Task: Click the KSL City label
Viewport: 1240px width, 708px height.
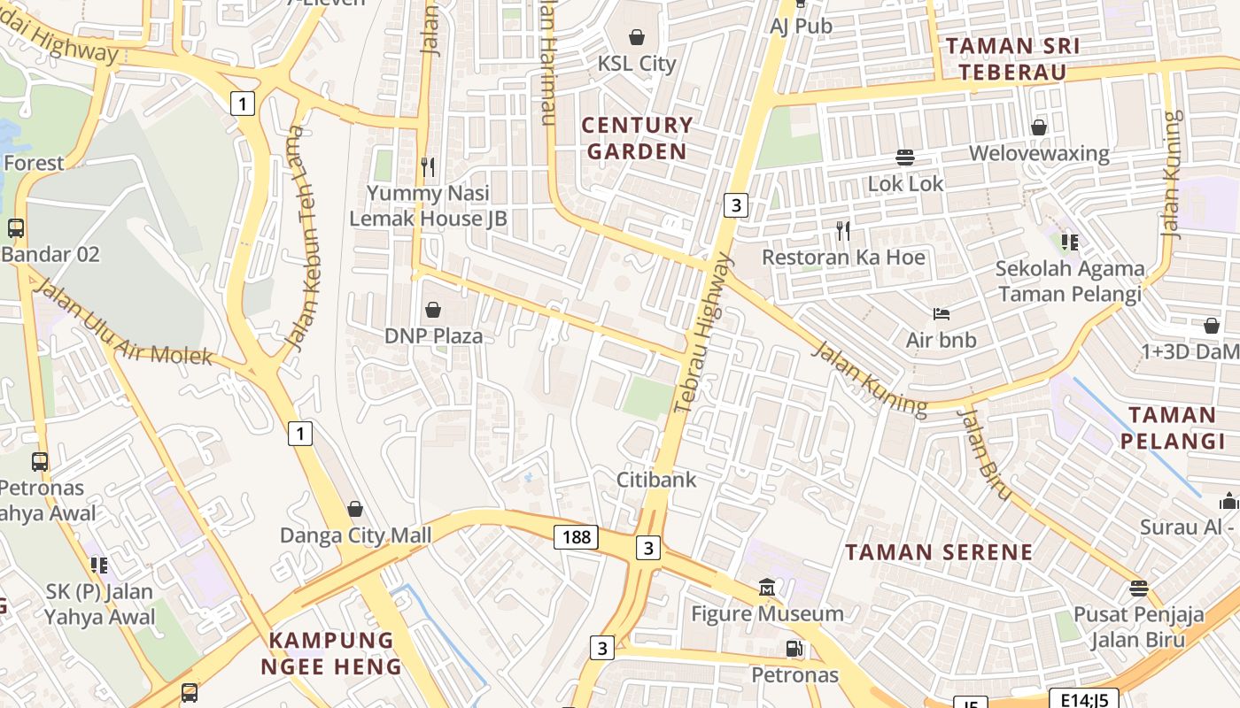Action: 636,64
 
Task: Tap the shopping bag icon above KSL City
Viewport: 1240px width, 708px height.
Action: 636,37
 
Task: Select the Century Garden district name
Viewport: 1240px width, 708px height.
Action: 637,138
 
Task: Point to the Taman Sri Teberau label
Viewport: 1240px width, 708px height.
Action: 1012,59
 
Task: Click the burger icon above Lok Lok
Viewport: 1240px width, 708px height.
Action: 904,158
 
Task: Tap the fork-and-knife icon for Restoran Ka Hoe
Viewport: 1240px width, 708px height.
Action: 843,231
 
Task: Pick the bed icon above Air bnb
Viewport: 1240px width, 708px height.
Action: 941,314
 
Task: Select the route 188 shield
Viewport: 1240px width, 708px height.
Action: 576,537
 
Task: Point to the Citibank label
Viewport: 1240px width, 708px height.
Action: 656,480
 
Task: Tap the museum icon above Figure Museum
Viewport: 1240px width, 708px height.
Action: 766,588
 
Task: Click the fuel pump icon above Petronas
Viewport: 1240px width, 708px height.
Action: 794,649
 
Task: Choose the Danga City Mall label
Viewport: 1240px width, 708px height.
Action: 356,535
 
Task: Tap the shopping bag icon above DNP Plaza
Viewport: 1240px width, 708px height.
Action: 433,310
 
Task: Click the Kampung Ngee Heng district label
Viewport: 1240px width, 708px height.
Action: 331,653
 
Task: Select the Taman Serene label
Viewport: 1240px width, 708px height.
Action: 939,552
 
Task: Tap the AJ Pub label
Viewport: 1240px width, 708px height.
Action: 801,27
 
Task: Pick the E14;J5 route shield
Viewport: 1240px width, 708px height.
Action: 1083,699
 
